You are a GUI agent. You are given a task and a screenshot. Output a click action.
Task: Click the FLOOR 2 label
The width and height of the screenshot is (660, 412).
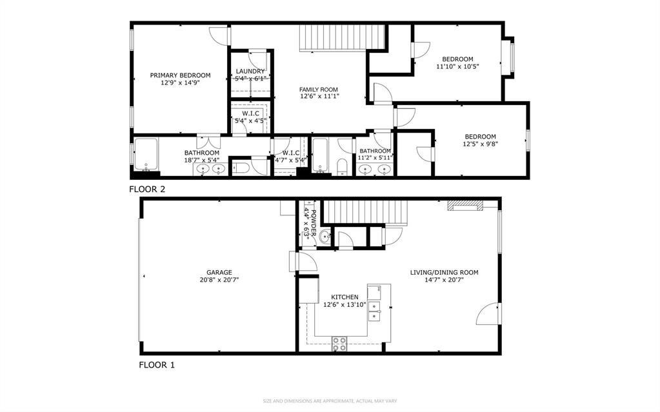(147, 190)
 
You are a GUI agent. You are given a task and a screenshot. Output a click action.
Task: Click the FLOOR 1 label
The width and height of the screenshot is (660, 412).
(157, 365)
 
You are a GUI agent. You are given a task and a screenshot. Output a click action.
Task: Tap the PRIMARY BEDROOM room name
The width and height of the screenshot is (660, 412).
(180, 75)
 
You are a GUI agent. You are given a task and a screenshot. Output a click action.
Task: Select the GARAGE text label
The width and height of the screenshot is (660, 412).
(219, 272)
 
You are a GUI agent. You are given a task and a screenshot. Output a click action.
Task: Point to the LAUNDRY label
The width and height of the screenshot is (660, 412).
(250, 71)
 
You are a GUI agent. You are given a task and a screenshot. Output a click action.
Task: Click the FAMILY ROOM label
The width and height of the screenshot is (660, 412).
(319, 90)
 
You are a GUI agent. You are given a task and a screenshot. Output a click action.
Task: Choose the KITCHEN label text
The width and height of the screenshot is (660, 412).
(345, 297)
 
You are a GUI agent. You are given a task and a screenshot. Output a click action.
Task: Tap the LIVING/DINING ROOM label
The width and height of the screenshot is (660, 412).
(444, 272)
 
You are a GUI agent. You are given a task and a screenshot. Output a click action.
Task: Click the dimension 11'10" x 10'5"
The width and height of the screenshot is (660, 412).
(457, 66)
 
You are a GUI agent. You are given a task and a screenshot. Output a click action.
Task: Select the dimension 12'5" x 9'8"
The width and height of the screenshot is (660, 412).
(480, 144)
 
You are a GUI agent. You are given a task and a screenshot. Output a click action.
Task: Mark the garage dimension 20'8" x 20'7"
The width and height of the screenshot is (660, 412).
(219, 280)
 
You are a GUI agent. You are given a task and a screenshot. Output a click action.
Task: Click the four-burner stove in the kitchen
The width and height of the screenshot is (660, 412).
(339, 344)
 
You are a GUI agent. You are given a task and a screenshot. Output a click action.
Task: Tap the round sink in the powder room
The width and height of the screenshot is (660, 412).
(324, 236)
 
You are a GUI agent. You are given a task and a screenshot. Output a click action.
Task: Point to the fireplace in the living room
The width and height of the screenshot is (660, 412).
(465, 206)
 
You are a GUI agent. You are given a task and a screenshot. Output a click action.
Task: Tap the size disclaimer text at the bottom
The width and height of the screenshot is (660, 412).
(329, 401)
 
